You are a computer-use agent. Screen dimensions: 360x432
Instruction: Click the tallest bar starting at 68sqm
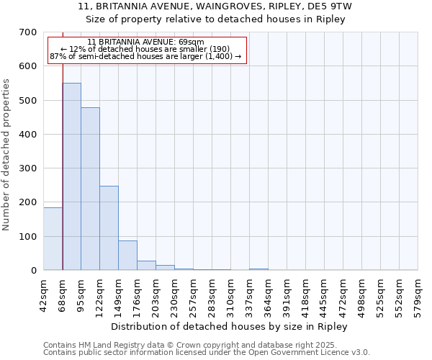(x=71, y=176)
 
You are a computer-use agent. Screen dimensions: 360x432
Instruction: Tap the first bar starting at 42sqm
(x=53, y=238)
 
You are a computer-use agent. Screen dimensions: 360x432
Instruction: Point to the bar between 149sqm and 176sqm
(x=127, y=255)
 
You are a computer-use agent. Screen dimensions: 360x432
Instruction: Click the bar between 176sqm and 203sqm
(x=146, y=265)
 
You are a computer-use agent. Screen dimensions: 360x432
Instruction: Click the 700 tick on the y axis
(x=28, y=32)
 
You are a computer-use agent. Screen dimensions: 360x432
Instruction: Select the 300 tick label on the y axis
(x=28, y=168)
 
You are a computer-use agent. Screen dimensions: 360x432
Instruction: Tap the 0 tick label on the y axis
(x=33, y=271)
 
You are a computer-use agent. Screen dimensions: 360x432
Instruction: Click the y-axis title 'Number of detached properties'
(x=6, y=155)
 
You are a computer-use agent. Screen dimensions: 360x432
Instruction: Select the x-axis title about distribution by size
(x=230, y=327)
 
